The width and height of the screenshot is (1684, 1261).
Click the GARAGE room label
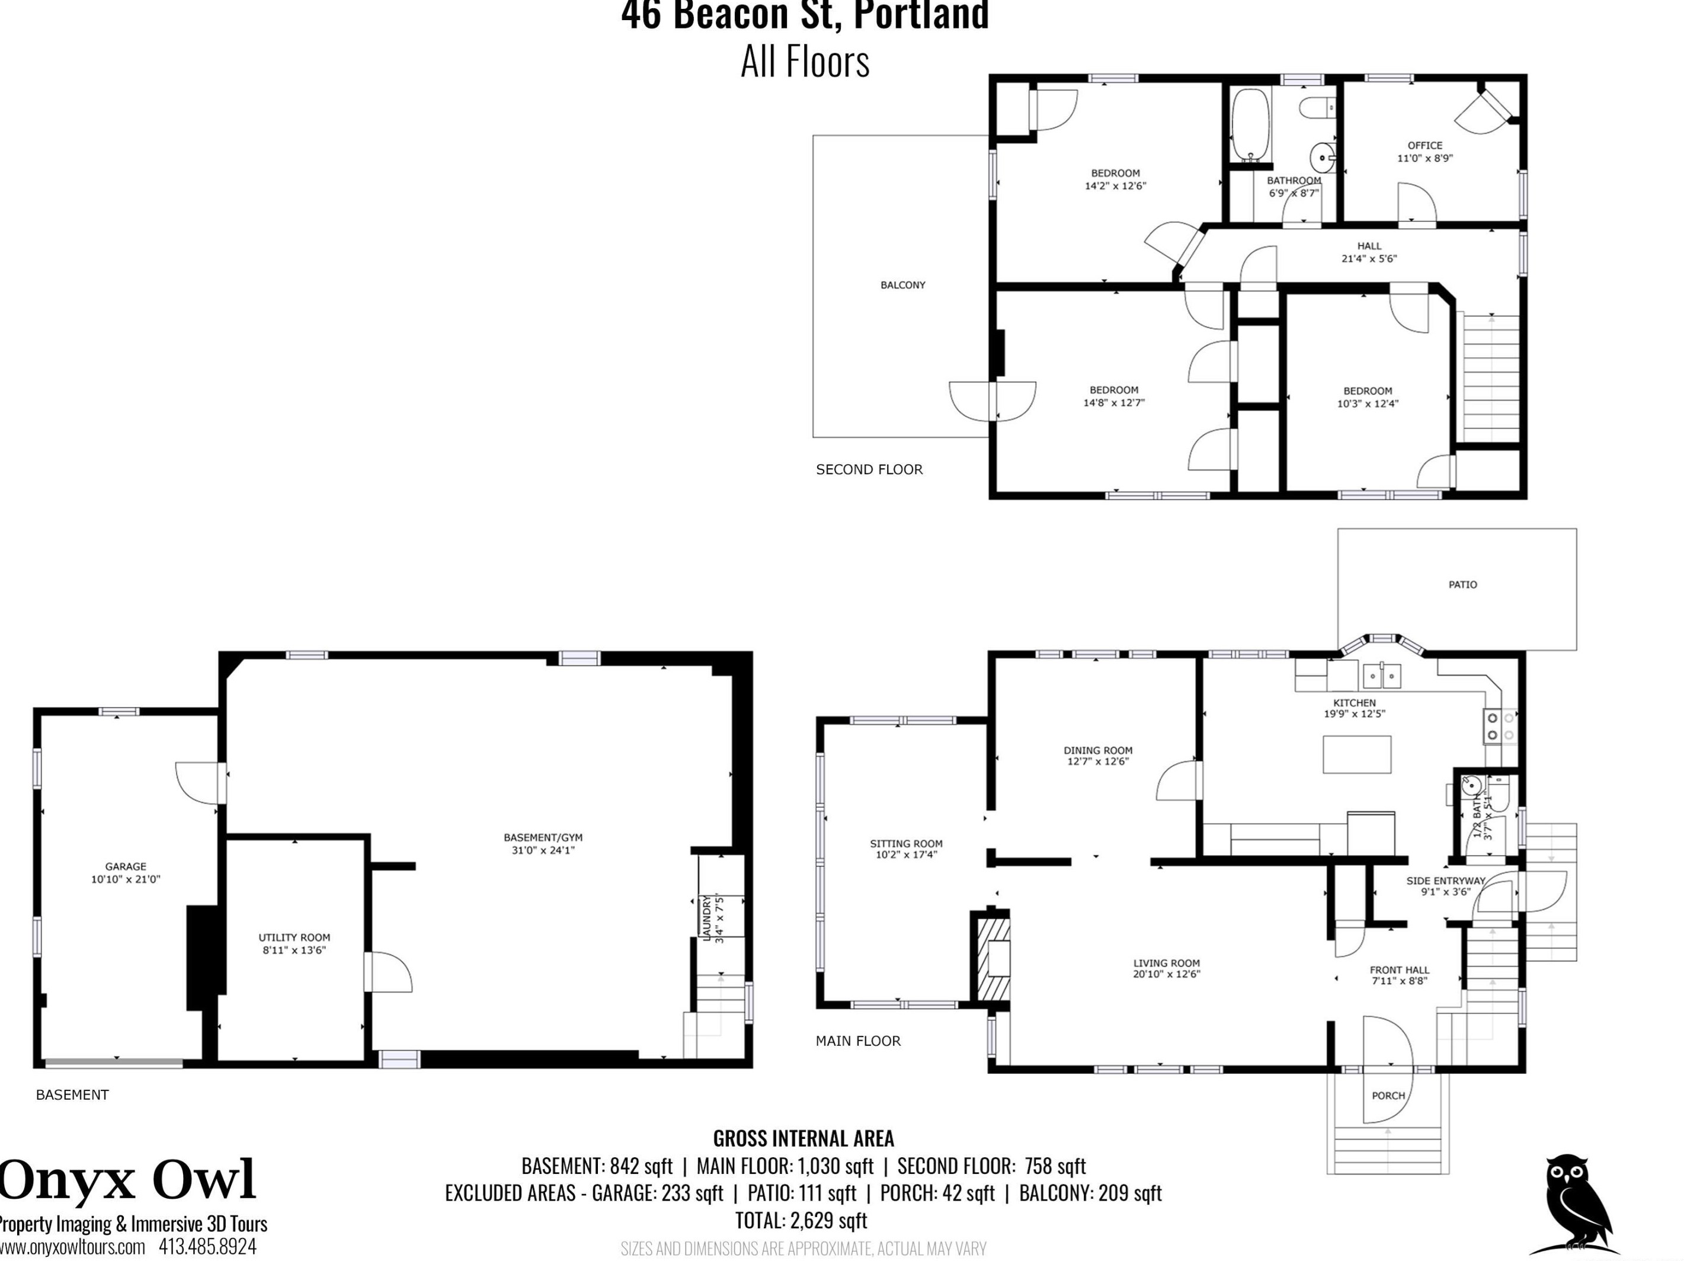[x=126, y=866]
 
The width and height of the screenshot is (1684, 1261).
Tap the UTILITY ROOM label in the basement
[x=294, y=937]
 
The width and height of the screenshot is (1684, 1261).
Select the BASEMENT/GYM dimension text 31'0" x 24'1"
[x=543, y=850]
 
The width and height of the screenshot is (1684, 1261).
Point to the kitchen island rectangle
[x=1357, y=754]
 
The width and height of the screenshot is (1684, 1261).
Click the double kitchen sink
[x=1382, y=675]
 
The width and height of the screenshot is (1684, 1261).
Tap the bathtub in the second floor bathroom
[x=1251, y=126]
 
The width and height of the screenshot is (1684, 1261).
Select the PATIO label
[x=1462, y=584]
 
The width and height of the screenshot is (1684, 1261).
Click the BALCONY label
[x=903, y=285]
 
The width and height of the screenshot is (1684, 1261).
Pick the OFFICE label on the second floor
[x=1425, y=145]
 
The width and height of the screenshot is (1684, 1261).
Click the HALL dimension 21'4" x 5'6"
[x=1369, y=258]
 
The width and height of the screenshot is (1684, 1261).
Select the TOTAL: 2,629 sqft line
[x=801, y=1220]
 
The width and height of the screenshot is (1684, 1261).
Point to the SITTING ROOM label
[x=906, y=843]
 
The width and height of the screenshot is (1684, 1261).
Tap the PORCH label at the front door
[x=1388, y=1095]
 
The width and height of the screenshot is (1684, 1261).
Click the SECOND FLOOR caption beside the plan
[x=869, y=469]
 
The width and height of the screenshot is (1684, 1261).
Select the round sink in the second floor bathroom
[x=1323, y=158]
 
